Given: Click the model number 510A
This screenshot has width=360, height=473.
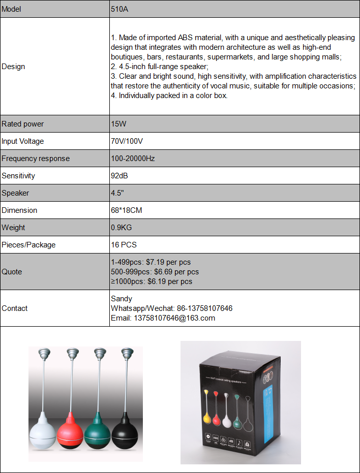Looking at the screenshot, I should coord(119,9).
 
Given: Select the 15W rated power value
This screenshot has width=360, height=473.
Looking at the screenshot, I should coord(119,124).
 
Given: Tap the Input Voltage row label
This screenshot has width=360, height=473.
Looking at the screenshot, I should coord(23,141).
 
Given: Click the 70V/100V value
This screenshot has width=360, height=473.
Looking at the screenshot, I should coord(127,141).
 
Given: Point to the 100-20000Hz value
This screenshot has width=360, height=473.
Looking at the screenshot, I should coord(133,159).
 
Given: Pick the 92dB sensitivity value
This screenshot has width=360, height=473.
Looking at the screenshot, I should coord(119,176).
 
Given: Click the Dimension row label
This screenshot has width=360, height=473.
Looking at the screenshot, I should coord(19,210).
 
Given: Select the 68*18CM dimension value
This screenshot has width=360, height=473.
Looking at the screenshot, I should coord(127,210).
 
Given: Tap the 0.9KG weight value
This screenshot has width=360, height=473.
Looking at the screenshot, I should coord(122,228).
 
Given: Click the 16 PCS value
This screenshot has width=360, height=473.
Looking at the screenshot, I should coord(124,245).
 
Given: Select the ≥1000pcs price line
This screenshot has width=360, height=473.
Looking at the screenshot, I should coord(152,281).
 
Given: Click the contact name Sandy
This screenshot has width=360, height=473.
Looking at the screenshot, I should coord(122,299).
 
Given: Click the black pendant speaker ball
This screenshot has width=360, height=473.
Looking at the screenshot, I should coord(125,435).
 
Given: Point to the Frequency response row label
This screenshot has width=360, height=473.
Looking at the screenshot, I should coord(36,159).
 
